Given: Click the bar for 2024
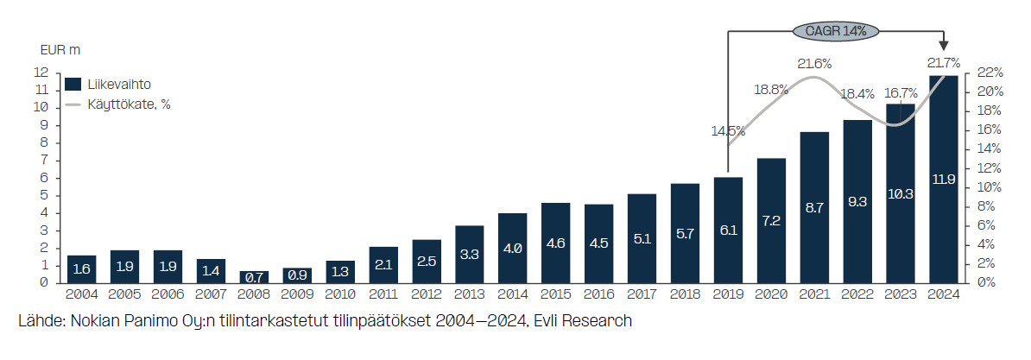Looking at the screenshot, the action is coord(944,180).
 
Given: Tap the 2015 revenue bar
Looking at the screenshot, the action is coord(555,243).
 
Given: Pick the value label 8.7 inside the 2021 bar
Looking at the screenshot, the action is coord(814,207).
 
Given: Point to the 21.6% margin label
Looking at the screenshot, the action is coord(814,64).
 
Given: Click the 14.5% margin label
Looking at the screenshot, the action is coord(728,130).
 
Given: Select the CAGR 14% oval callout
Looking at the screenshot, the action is coord(835,31).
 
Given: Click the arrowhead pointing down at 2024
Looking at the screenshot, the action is coord(944,46).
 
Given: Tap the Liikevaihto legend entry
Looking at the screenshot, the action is coord(108,84).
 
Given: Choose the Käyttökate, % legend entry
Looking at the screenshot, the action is coord(117,104).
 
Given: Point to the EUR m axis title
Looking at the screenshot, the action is coord(60,50).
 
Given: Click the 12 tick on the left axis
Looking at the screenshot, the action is coord(42,72).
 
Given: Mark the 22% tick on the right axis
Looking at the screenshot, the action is coord(990,72).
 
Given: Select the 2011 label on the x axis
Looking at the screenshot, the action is coord(383,295).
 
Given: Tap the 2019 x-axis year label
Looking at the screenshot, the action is coord(728,295).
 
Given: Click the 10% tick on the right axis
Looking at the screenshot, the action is coord(990,187).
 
